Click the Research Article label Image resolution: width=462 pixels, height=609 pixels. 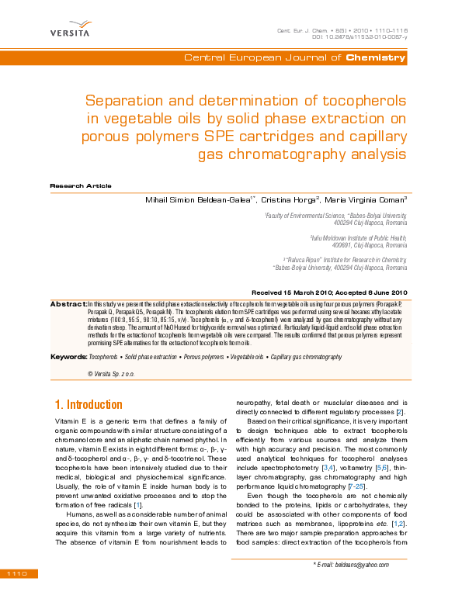click(81, 186)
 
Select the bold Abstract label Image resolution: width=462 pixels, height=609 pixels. click(68, 303)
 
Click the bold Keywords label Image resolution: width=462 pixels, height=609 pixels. click(68, 357)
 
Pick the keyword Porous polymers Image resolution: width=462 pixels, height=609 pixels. click(205, 357)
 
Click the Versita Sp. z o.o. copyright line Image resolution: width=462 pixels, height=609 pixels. click(116, 374)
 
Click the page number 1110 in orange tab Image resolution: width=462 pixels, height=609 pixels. click(17, 573)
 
